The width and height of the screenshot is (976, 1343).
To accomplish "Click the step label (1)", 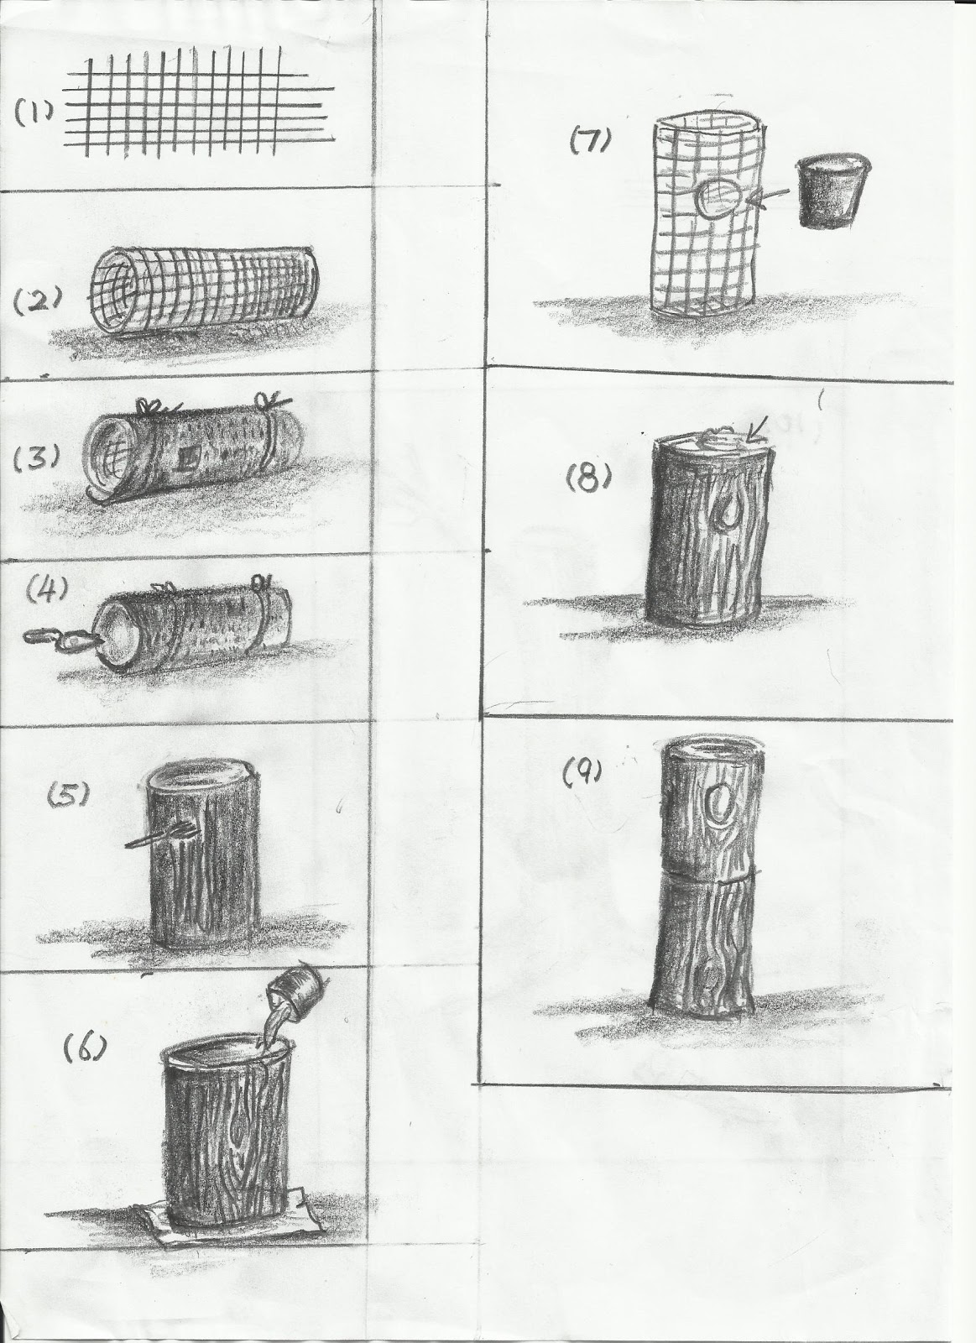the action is [x=34, y=112].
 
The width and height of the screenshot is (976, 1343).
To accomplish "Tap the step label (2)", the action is [x=38, y=301].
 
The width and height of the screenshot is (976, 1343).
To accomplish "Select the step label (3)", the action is [x=37, y=458].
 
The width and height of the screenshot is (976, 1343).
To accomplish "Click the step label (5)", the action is [x=69, y=794].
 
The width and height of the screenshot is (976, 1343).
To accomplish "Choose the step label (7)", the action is [x=591, y=141].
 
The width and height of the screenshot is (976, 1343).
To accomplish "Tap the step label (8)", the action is [x=589, y=478].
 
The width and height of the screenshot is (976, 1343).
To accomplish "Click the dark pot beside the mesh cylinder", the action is [x=833, y=190].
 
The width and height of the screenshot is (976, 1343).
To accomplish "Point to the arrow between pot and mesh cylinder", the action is [x=768, y=201].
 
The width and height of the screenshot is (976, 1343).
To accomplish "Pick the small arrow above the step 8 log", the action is [x=756, y=431].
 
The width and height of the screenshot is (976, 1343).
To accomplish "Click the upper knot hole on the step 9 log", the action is [x=719, y=802].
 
